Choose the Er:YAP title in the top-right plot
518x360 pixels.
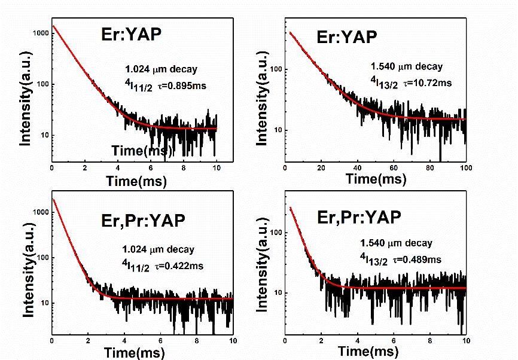[x=346, y=36]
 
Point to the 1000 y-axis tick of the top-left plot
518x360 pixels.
[x=39, y=33]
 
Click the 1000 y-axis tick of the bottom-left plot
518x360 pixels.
[x=39, y=212]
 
